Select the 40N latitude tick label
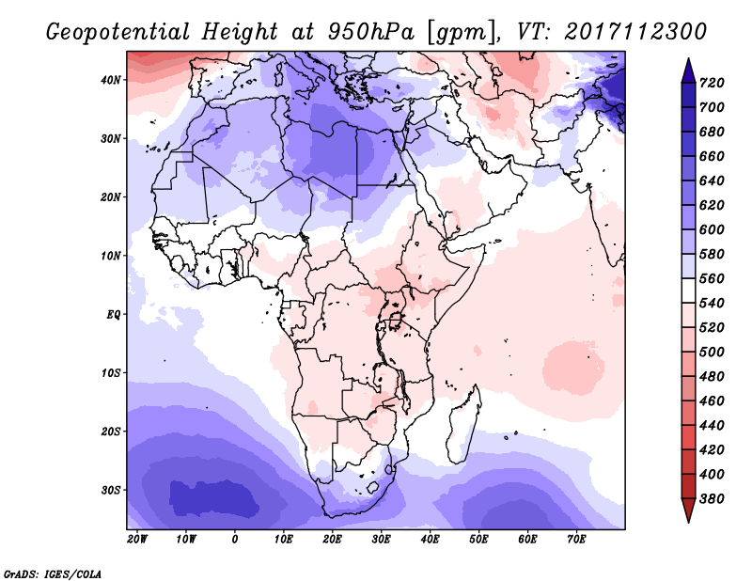tap(111, 80)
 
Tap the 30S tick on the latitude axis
tap(111, 490)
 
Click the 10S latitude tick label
tap(111, 373)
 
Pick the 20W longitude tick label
tap(137, 540)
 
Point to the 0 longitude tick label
tap(235, 540)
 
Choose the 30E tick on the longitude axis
tap(381, 540)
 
